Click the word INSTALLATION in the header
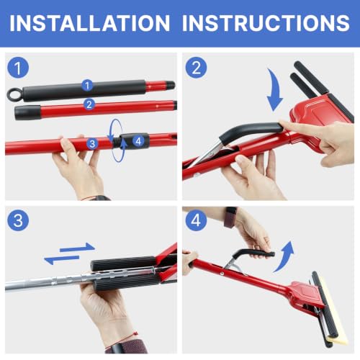click(90, 23)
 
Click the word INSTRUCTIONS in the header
click(266, 23)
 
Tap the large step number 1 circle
click(18, 68)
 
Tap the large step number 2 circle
click(196, 68)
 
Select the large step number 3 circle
click(18, 220)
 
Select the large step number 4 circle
click(196, 220)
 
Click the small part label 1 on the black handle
click(87, 85)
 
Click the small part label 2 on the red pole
click(89, 104)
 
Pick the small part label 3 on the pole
click(92, 144)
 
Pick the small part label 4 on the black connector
click(138, 141)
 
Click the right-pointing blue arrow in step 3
click(77, 248)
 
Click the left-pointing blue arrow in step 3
click(62, 259)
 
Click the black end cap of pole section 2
click(27, 112)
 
